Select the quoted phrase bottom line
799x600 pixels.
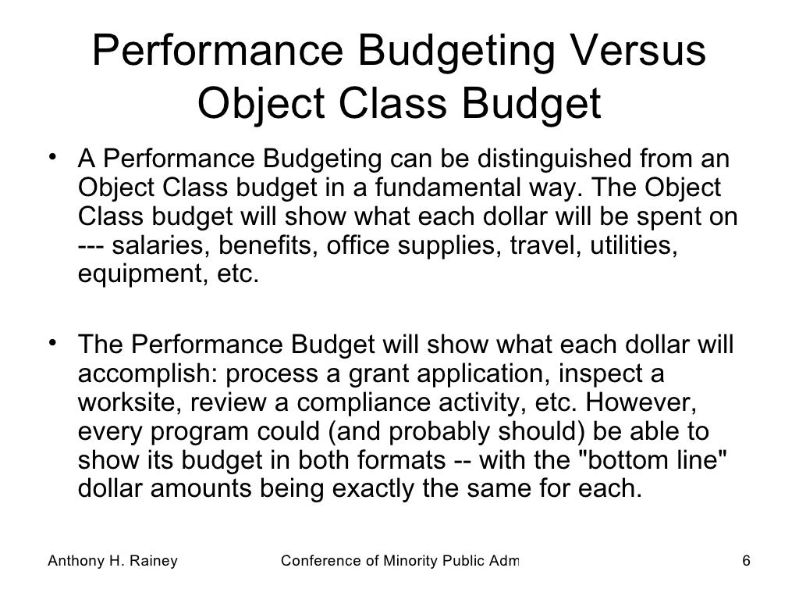coord(655,461)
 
